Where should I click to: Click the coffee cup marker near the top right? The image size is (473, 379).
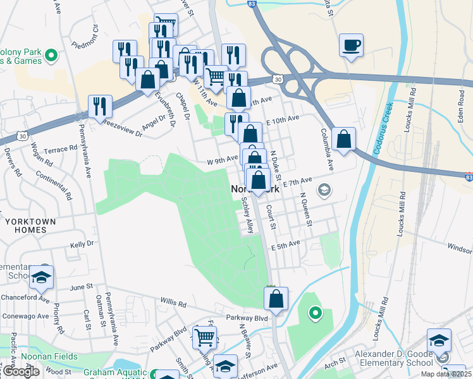pyautogui.click(x=351, y=45)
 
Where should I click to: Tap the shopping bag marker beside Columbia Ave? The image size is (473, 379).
pyautogui.click(x=343, y=140)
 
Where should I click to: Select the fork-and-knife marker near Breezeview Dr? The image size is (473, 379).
pyautogui.click(x=100, y=107)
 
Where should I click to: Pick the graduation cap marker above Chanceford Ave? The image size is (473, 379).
pyautogui.click(x=41, y=277)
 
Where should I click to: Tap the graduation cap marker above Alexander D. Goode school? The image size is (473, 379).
pyautogui.click(x=439, y=340)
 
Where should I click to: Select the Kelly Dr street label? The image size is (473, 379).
pyautogui.click(x=82, y=243)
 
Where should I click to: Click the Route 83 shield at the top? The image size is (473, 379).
pyautogui.click(x=252, y=4)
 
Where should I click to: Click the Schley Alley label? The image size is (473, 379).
pyautogui.click(x=248, y=215)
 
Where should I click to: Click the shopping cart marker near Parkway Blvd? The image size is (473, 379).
pyautogui.click(x=205, y=338)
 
